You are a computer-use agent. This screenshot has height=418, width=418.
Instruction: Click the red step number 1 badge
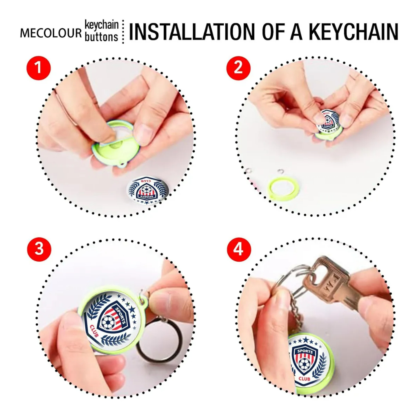pyautogui.click(x=39, y=68)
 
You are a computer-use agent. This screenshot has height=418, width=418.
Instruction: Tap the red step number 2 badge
pyautogui.click(x=238, y=68)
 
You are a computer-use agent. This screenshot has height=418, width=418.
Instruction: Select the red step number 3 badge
pyautogui.click(x=39, y=249)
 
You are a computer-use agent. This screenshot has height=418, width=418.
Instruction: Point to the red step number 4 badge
pyautogui.click(x=239, y=249)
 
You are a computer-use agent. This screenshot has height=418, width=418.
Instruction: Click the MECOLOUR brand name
pyautogui.click(x=51, y=33)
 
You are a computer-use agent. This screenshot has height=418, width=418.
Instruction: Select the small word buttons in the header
pyautogui.click(x=101, y=37)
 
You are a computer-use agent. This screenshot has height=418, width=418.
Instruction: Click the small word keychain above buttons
pyautogui.click(x=102, y=25)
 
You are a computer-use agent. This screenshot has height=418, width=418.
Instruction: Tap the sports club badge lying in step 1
pyautogui.click(x=147, y=190)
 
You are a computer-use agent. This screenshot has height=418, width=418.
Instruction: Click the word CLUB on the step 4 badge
pyautogui.click(x=304, y=378)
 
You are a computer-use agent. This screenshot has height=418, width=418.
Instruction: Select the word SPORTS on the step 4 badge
pyautogui.click(x=305, y=351)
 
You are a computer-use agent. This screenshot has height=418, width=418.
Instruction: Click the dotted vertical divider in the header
pyautogui.click(x=123, y=31)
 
